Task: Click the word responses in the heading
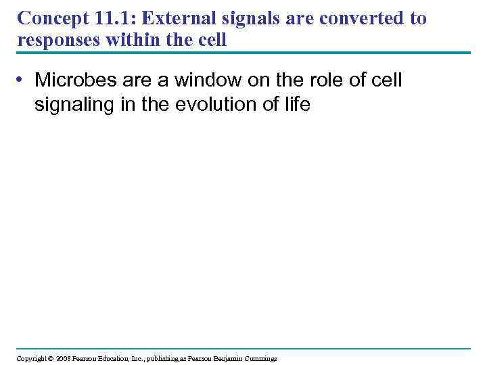pyautogui.click(x=57, y=40)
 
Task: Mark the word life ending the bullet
pyautogui.click(x=296, y=105)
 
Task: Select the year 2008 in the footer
pyautogui.click(x=64, y=358)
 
